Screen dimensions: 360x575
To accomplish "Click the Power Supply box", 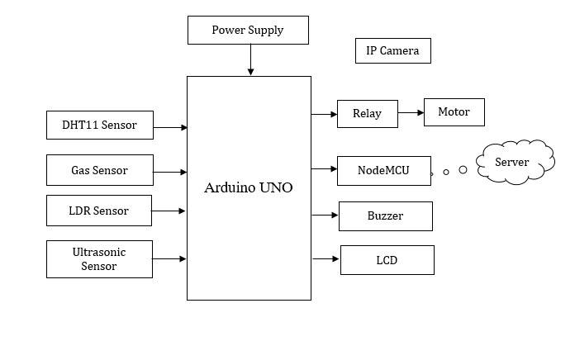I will point(248,31).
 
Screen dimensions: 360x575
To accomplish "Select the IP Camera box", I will point(392,51).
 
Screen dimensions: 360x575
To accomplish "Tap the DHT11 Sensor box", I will point(99,126).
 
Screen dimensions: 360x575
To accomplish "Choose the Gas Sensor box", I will point(99,170).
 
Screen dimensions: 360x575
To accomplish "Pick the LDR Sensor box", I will point(99,211).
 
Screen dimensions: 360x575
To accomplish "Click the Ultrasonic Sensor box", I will point(99,259).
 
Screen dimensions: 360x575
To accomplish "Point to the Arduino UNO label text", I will point(248,187).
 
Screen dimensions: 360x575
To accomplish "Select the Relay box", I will point(367,114).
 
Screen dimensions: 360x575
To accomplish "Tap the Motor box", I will point(453,112).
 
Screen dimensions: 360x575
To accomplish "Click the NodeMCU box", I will point(383,171).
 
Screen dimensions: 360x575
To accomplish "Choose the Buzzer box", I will point(385,216).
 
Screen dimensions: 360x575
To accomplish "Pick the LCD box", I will point(387,260).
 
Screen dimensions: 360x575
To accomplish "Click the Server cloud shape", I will point(513,162).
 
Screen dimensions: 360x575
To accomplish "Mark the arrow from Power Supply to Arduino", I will point(250,59).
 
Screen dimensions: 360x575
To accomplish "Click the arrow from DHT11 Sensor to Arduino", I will point(170,127).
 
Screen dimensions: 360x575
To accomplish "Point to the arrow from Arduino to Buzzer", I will point(325,216).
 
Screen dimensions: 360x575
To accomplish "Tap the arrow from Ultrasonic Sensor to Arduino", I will point(169,259).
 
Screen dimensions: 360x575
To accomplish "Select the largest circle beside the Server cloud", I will point(463,170).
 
